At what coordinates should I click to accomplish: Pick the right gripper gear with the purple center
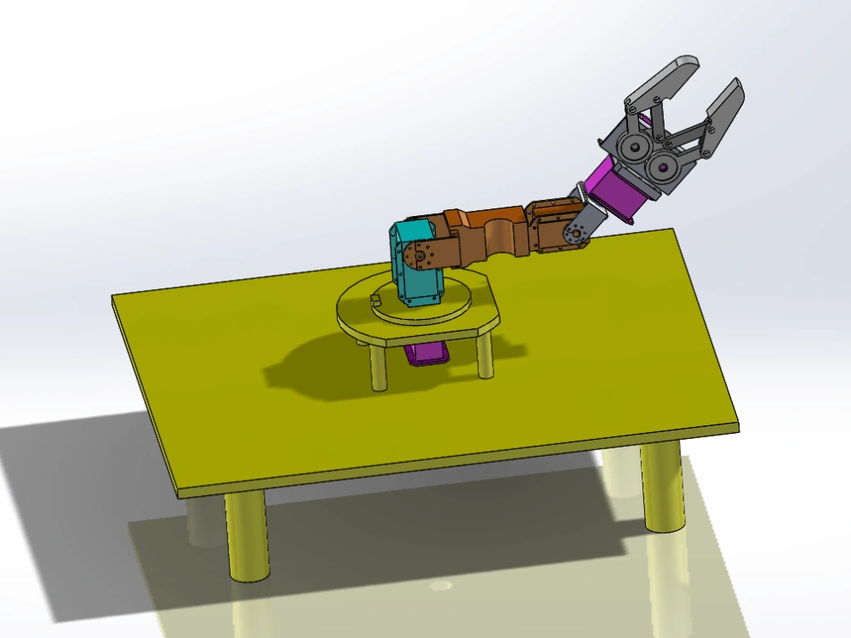(x=662, y=168)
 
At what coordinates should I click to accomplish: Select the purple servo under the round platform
(x=428, y=352)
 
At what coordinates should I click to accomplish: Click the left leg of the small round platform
(x=379, y=367)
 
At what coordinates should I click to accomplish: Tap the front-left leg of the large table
(x=247, y=536)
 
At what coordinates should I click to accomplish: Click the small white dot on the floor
(x=440, y=586)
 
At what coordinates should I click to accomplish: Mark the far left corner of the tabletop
(x=114, y=297)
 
